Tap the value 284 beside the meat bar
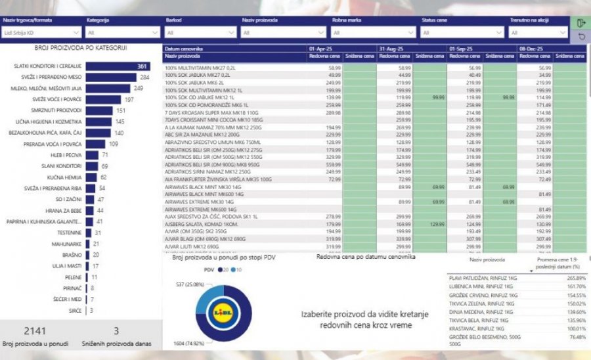[x=144, y=78]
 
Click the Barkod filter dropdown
[x=200, y=32]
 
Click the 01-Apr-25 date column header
[x=324, y=49]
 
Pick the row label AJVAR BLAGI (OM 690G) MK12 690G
[x=196, y=240]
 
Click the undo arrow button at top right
[x=581, y=37]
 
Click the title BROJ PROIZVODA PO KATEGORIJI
[x=81, y=48]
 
